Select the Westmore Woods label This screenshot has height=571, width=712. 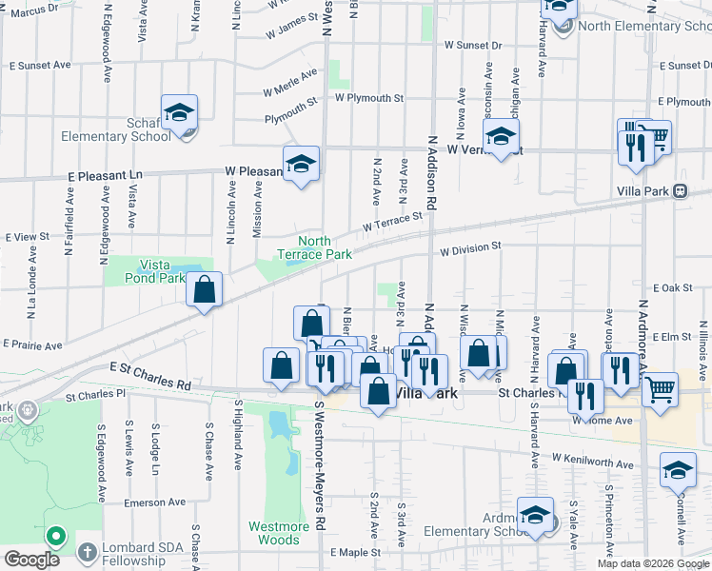[x=279, y=533]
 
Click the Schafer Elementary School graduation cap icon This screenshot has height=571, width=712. [x=178, y=113]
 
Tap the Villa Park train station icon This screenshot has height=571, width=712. [x=680, y=190]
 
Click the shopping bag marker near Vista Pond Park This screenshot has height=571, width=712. [x=204, y=290]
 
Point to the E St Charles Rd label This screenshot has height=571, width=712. [x=149, y=377]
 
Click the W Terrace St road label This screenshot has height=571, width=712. [x=391, y=222]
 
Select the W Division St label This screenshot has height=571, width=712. [x=469, y=247]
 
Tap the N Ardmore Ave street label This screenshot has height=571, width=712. [x=643, y=333]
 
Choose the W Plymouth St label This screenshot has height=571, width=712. [x=368, y=98]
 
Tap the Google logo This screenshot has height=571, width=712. [x=31, y=559]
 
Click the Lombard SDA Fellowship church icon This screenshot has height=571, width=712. [x=87, y=552]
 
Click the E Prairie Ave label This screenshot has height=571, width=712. [x=32, y=344]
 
